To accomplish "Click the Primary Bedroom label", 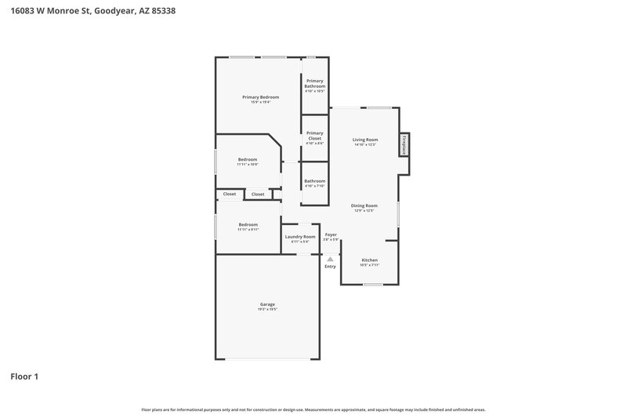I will pos(259,96).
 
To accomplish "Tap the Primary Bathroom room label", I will pos(315,83).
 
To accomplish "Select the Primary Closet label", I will pos(315,136).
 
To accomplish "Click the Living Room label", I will pos(365,140).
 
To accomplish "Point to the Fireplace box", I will pos(404,144).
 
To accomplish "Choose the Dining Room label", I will pos(364,205).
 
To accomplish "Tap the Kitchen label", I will pos(369,260).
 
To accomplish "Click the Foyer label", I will pos(331,234).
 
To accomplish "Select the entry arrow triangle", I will pos(330,259).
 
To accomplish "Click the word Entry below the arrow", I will pos(330,267).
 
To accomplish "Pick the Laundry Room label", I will pos(300,236).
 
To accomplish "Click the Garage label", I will pos(267,304).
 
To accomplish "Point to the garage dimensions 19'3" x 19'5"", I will pos(267,310).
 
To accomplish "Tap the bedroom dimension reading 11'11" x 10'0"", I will pos(248,164).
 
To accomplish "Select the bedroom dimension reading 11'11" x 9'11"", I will pos(248,229).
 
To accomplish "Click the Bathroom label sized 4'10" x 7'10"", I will pos(315,181).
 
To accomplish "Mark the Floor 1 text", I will pos(24,376).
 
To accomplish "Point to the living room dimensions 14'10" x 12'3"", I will pos(365,145).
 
